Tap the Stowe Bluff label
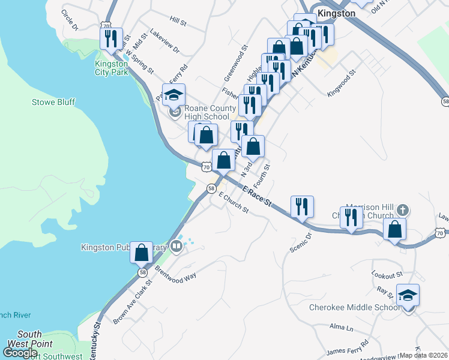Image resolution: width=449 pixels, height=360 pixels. coord(53,102)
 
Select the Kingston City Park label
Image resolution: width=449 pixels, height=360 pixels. coord(111,68)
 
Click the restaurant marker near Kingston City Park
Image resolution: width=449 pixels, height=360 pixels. coord(111,40)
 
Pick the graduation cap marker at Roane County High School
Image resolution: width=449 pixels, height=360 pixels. coord(174,95)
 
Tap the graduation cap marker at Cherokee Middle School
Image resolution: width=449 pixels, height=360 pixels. coord(408,296)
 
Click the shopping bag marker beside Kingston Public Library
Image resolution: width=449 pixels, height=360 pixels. coord(142,253)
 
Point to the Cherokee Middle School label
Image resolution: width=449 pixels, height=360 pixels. coord(354,308)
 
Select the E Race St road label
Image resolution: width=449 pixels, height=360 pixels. coord(258,196)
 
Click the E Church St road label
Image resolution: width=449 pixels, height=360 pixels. coord(234,203)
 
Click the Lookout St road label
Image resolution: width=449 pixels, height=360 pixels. coord(387,275)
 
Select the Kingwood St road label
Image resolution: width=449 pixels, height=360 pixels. coord(342,83)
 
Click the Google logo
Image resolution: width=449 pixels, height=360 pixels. coord(20,353)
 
